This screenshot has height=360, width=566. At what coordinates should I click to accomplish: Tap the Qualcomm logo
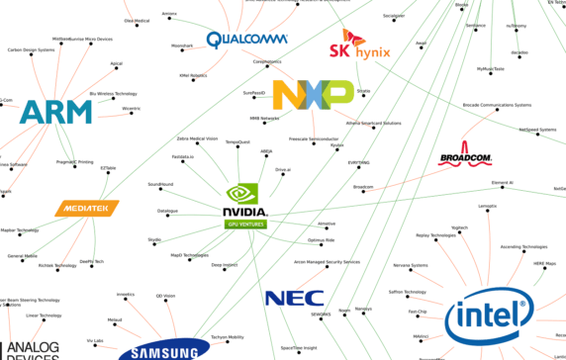pyautogui.click(x=245, y=40)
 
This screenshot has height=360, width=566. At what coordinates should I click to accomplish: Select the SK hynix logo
pyautogui.click(x=359, y=45)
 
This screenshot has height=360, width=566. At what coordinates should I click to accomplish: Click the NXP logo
pyautogui.click(x=313, y=95)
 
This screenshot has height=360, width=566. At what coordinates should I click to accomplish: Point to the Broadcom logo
pyautogui.click(x=464, y=156)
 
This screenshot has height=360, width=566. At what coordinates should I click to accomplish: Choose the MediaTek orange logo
pyautogui.click(x=87, y=210)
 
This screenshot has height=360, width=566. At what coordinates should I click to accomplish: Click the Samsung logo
pyautogui.click(x=164, y=351)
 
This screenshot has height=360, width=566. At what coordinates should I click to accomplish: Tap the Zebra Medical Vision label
pyautogui.click(x=197, y=139)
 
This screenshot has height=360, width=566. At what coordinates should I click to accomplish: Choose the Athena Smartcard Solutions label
pyautogui.click(x=373, y=123)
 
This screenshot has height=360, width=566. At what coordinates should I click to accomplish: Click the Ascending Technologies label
pyautogui.click(x=523, y=246)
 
